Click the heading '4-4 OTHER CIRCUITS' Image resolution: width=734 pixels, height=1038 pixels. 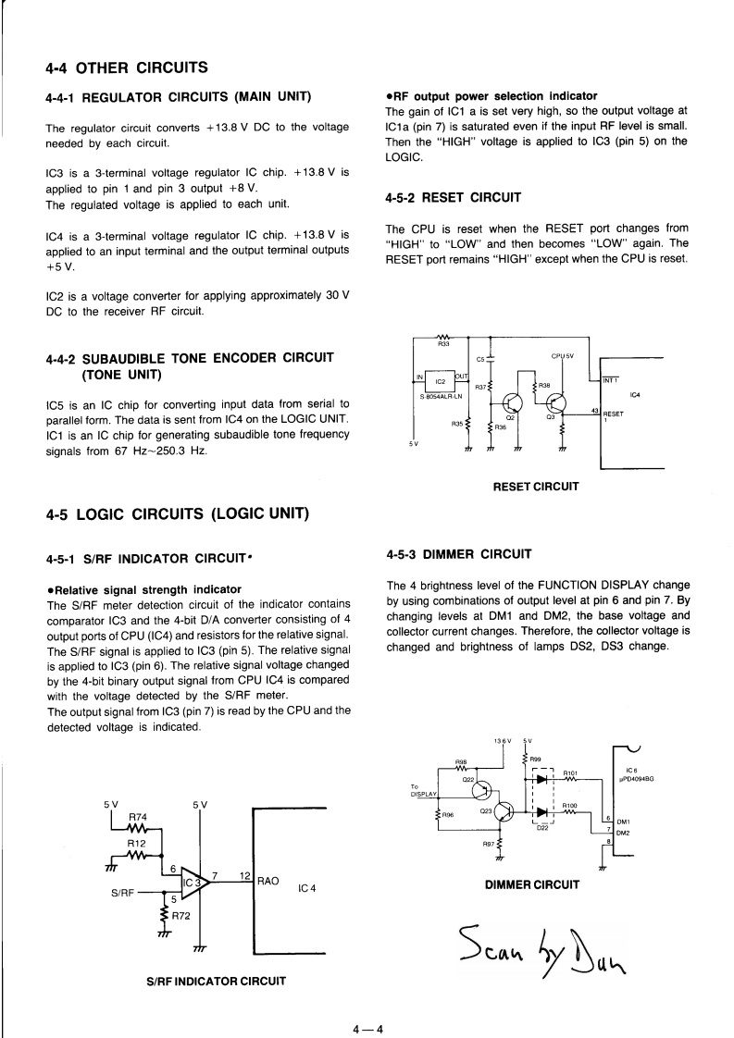click(126, 68)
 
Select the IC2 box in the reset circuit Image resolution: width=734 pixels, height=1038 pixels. click(441, 380)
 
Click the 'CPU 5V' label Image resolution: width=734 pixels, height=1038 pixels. click(564, 355)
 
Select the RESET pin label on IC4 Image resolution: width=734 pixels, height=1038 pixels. click(615, 414)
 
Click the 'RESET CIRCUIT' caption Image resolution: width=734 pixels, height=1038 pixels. click(537, 487)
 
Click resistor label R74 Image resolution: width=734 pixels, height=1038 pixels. click(137, 817)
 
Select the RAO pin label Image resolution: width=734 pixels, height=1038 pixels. click(267, 882)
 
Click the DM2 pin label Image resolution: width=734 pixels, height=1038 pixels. click(623, 833)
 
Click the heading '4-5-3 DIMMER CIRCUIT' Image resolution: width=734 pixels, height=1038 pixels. click(459, 555)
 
